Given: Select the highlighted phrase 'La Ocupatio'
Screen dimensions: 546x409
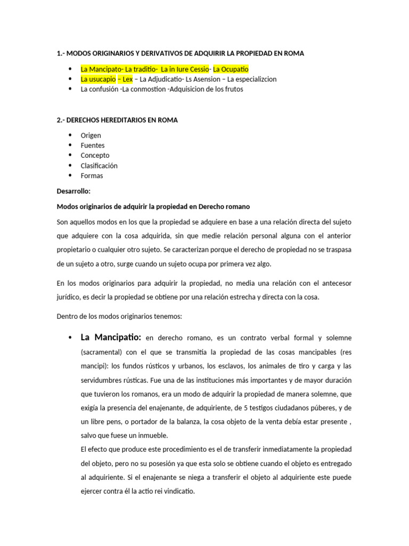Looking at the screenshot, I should click(231, 69).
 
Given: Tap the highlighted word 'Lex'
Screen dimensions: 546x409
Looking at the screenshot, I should click(127, 79).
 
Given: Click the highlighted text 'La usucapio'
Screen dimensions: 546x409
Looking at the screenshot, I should click(98, 79).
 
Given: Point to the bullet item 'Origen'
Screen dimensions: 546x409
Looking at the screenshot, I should click(91, 135).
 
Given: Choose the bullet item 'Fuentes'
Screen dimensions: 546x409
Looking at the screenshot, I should click(93, 145).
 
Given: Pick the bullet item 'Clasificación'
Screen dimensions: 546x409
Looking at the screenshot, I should click(99, 165).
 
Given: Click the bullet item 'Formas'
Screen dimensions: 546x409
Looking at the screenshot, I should click(92, 175).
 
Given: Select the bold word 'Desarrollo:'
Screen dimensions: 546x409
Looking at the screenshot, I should click(73, 191).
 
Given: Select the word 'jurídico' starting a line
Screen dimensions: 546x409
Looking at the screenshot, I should click(68, 297).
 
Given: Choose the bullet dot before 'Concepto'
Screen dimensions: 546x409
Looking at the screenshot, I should click(70, 155).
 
